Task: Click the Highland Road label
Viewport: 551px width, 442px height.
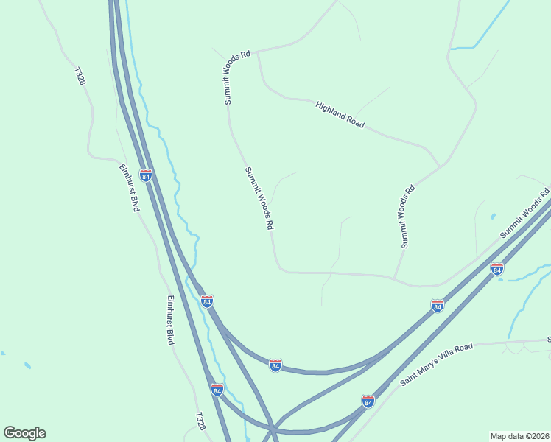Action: pos(340,116)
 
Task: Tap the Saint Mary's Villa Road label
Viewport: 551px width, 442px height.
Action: pos(436,364)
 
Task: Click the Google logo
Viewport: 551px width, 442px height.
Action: pos(24,433)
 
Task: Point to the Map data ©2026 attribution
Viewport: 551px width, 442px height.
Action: pos(519,436)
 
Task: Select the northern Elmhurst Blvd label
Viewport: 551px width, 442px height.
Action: pos(130,187)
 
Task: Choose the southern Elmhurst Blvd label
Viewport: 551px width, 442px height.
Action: pos(170,320)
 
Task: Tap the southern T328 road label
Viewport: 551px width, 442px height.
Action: pos(200,421)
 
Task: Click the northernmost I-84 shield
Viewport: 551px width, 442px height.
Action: pos(146,176)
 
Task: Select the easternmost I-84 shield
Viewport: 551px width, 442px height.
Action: pos(497,270)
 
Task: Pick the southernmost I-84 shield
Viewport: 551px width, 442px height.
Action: pos(368,401)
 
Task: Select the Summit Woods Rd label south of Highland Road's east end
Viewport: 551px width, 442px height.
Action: pos(407,217)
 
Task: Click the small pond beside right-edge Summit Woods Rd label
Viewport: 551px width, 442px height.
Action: pos(493,217)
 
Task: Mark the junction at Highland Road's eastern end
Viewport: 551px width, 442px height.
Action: pos(440,166)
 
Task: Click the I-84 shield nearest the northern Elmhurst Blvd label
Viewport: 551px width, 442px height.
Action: pos(146,176)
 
